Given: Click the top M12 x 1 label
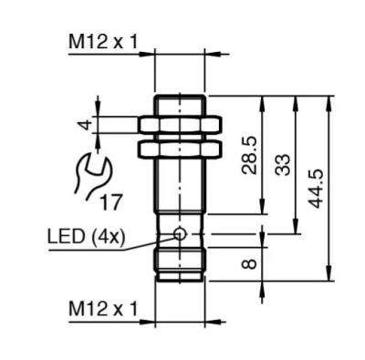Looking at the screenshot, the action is (103, 42).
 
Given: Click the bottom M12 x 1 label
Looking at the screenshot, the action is (103, 309).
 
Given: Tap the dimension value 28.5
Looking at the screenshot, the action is (249, 155).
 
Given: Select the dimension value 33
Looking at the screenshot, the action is (282, 165).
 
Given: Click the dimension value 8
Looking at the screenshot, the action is (249, 263).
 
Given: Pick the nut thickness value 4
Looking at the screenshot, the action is (87, 125).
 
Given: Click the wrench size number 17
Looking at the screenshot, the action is (111, 202).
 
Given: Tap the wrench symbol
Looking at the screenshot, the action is (91, 176).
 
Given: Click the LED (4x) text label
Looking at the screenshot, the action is (87, 237).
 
